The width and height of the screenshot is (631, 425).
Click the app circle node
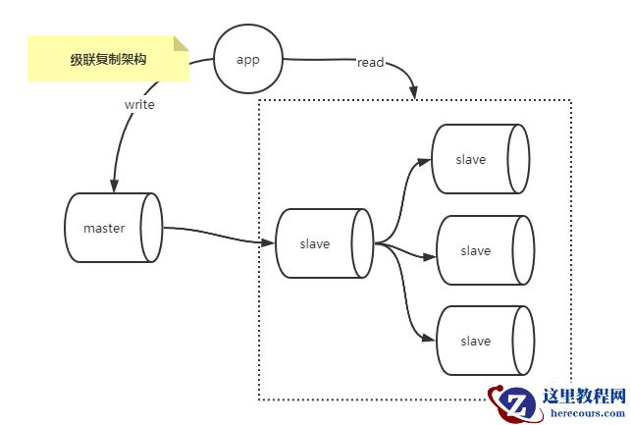(x=248, y=59)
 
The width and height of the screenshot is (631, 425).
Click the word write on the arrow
(x=139, y=103)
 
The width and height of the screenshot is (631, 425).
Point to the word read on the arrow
(x=370, y=63)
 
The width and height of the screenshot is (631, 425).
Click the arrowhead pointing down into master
(x=115, y=186)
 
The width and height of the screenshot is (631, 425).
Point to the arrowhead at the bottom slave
(x=429, y=340)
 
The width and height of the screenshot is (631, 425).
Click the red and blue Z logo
(x=511, y=403)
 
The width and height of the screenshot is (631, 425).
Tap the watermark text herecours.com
(x=584, y=415)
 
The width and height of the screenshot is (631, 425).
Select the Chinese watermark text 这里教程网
(x=584, y=397)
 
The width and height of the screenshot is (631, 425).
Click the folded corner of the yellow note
(x=181, y=43)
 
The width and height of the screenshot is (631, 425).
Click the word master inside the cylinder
(x=104, y=229)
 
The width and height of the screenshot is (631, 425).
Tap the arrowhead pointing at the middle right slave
(x=429, y=258)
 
